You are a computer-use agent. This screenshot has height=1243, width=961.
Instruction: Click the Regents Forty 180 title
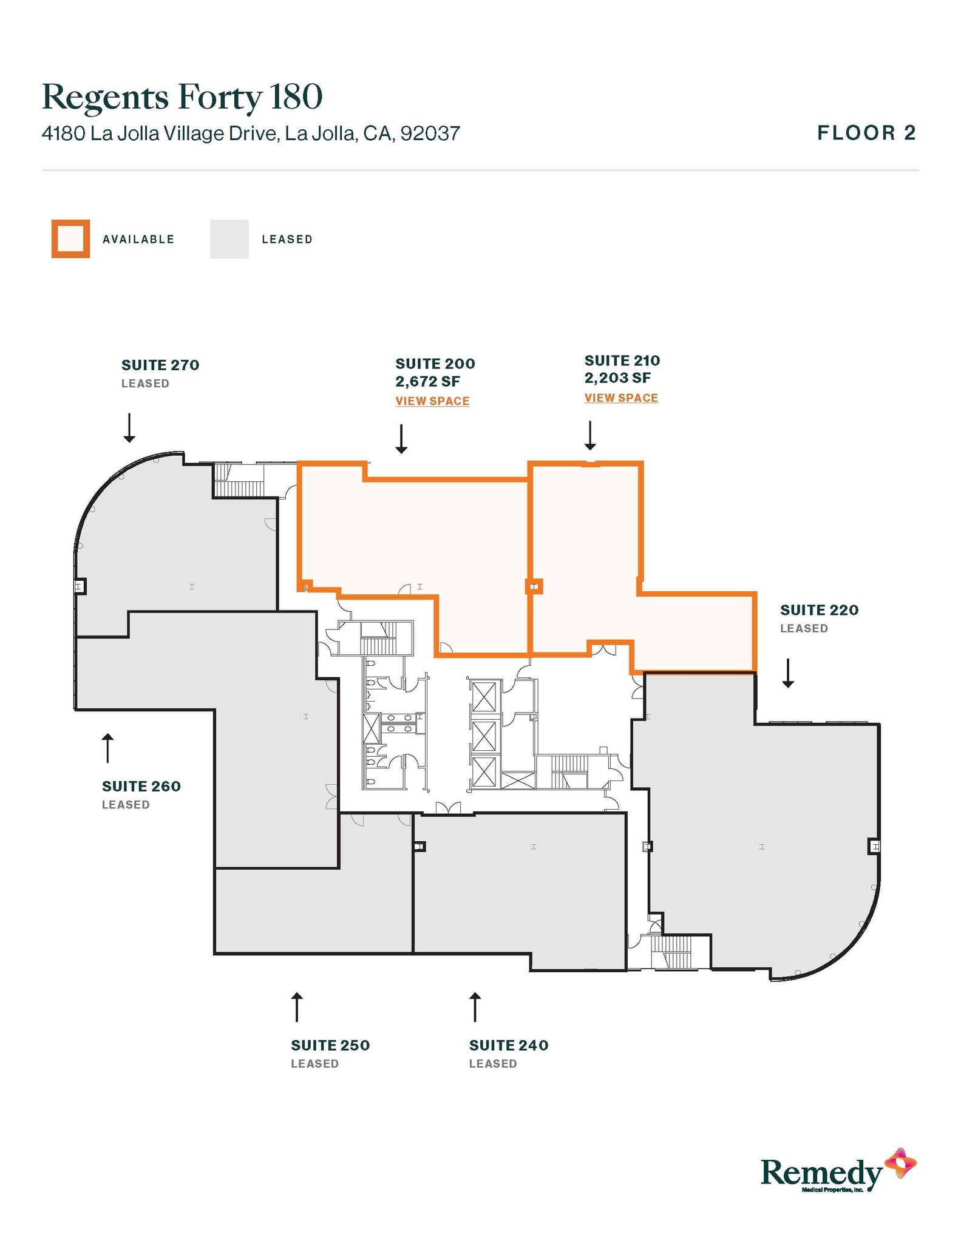[182, 97]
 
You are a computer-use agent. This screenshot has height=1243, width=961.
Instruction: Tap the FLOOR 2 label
[866, 133]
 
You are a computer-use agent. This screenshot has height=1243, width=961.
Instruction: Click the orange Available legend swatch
[70, 239]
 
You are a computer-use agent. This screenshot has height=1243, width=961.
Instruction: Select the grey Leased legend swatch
[229, 239]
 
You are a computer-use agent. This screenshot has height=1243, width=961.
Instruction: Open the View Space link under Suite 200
[432, 401]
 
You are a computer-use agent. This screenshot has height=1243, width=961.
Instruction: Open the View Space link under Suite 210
[621, 398]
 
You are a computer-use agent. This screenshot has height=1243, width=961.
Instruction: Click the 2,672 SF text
[427, 382]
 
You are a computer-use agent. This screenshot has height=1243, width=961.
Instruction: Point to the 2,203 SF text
[617, 378]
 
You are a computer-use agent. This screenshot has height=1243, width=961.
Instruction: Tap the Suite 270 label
[160, 365]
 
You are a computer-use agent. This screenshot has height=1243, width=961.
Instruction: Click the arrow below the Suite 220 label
[788, 673]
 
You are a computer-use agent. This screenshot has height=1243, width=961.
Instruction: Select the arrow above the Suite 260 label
[107, 748]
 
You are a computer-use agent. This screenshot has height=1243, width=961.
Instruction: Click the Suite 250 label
[330, 1045]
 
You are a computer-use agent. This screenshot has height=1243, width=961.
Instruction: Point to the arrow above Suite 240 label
[475, 1007]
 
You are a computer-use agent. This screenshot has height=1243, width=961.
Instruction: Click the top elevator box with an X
[484, 697]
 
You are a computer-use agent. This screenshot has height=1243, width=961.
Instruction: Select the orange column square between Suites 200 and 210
[534, 586]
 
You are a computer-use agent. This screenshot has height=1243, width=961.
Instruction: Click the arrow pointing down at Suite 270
[129, 427]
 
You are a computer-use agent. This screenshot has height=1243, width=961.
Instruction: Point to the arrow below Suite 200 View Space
[401, 439]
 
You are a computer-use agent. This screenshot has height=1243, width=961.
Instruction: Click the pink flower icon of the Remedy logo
[900, 1163]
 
